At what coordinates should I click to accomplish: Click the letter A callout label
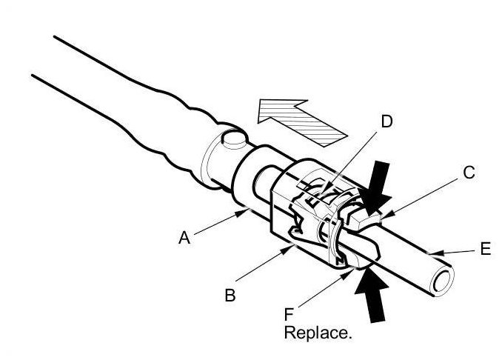(x=184, y=238)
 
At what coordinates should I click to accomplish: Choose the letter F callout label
(x=291, y=315)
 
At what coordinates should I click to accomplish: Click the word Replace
(x=318, y=333)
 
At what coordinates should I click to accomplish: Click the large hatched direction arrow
(x=300, y=119)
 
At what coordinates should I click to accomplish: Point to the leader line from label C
(x=420, y=196)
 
